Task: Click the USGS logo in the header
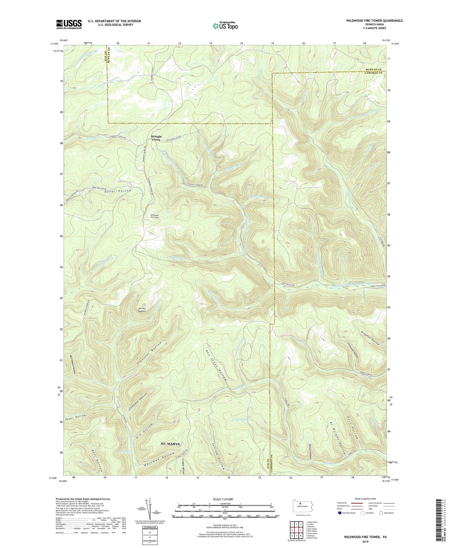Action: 69,24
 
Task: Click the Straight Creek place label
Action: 156,138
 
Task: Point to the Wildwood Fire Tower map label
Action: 155,216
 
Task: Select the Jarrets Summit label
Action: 142,309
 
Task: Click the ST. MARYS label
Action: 170,444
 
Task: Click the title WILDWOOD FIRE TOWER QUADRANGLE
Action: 374,21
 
